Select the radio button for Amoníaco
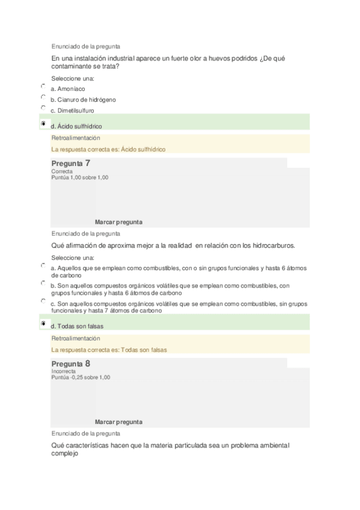click(43, 86)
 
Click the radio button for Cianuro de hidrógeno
click(43, 97)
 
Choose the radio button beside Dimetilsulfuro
click(43, 108)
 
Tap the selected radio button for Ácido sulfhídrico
click(43, 123)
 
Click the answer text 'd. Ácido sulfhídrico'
click(76, 126)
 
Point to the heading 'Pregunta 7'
click(71, 163)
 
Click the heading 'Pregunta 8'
click(71, 364)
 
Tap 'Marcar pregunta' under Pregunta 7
click(118, 222)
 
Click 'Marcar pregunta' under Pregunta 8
click(118, 422)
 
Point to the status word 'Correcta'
click(62, 171)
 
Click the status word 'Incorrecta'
click(64, 372)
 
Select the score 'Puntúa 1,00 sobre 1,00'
click(80, 177)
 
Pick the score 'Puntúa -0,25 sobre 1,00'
click(81, 378)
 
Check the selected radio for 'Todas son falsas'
click(43, 324)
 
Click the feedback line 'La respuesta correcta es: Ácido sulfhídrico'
click(108, 149)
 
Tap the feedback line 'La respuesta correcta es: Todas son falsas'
click(109, 349)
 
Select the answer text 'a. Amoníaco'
click(67, 89)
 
